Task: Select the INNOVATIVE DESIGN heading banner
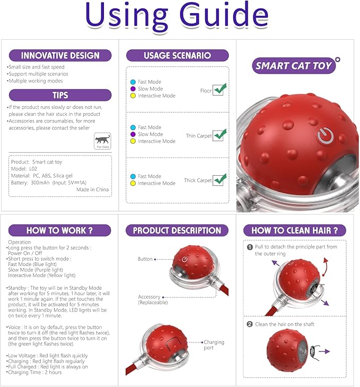(60, 55)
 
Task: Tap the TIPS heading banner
(60, 95)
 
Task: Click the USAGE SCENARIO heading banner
(177, 55)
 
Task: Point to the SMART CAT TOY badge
(294, 66)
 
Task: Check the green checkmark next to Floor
(219, 89)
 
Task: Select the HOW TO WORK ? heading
(60, 230)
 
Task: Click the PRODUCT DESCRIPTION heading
(177, 230)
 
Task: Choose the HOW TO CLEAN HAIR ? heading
(294, 230)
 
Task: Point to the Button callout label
(145, 259)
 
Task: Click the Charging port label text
(214, 345)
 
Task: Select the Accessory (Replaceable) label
(153, 300)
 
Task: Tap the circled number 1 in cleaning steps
(250, 247)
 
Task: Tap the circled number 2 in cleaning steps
(250, 324)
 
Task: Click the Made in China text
(93, 190)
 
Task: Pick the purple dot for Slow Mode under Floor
(133, 89)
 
